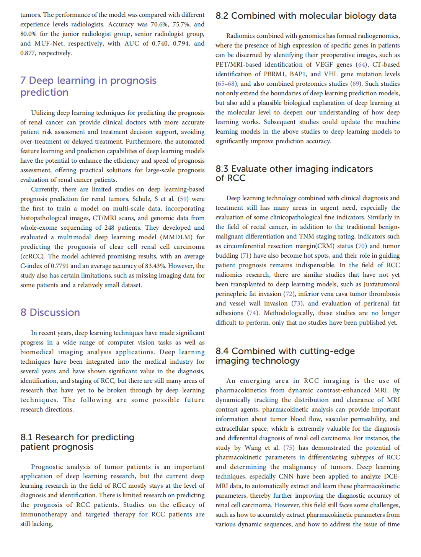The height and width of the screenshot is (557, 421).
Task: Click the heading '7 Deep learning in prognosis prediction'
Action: (88, 86)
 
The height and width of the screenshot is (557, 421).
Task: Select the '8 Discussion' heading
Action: (50, 312)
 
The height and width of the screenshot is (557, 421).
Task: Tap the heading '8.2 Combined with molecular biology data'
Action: (306, 16)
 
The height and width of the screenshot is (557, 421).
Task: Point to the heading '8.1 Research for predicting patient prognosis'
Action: (77, 442)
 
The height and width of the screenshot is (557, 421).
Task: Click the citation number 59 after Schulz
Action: (183, 199)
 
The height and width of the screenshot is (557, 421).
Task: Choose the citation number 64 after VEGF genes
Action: (361, 64)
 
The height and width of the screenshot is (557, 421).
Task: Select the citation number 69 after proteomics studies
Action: (355, 83)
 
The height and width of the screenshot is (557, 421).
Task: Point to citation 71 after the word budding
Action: (245, 255)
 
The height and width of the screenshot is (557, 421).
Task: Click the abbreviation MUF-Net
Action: (49, 43)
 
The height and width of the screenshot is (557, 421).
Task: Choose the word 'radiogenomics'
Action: (374, 36)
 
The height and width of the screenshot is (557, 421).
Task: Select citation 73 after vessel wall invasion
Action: (297, 303)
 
